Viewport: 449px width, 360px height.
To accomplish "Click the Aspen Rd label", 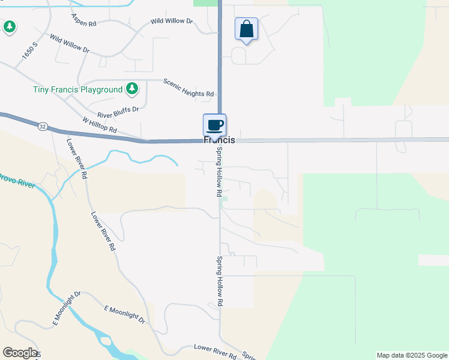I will pyautogui.click(x=83, y=20).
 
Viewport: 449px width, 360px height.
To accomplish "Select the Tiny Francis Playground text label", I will pyautogui.click(x=78, y=90).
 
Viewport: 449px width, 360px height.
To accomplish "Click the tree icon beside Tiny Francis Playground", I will pyautogui.click(x=132, y=89).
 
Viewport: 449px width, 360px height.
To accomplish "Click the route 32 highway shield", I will pyautogui.click(x=42, y=127).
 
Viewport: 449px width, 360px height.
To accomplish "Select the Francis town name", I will pyautogui.click(x=219, y=140).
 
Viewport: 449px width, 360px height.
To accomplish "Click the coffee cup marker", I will pyautogui.click(x=215, y=125).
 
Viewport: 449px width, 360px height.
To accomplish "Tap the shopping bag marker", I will pyautogui.click(x=246, y=29).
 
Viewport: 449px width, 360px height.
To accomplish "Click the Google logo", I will pyautogui.click(x=20, y=353).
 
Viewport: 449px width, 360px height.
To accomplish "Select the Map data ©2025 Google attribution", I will pyautogui.click(x=412, y=355).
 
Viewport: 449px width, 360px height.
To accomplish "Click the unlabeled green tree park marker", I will pyautogui.click(x=10, y=26).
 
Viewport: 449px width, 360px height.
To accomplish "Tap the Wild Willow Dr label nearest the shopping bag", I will pyautogui.click(x=172, y=21).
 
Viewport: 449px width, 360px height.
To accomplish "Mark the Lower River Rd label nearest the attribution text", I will pyautogui.click(x=215, y=352).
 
